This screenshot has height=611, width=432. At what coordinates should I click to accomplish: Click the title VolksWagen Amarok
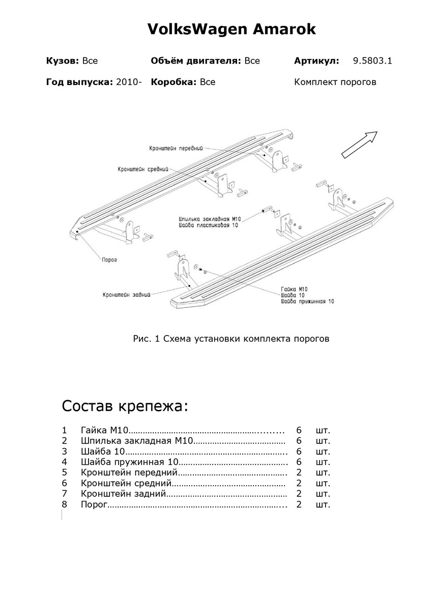point(232,30)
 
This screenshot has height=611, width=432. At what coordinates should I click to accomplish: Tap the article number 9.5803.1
point(372,61)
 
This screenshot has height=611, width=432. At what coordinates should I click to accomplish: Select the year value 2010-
point(129,82)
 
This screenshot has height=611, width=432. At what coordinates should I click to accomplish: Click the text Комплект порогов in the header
point(335,82)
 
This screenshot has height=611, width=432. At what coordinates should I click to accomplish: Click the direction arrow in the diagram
point(359,145)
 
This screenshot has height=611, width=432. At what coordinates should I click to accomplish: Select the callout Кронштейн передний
point(176,149)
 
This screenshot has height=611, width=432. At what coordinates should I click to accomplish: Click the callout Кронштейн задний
point(126,294)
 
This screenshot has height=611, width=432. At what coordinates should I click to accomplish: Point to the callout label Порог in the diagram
point(109,259)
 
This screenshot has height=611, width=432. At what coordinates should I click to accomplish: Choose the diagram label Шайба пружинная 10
point(307,301)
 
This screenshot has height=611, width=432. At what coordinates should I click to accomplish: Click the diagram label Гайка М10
point(294,288)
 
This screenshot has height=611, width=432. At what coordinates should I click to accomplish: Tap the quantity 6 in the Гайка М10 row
point(299,429)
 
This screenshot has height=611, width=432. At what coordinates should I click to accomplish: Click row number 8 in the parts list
point(64,505)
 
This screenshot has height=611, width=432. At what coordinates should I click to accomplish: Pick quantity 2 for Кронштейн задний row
point(299,494)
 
